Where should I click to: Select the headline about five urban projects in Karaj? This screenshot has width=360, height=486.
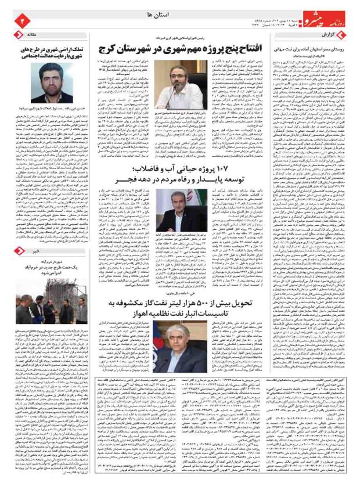[x=186, y=48]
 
